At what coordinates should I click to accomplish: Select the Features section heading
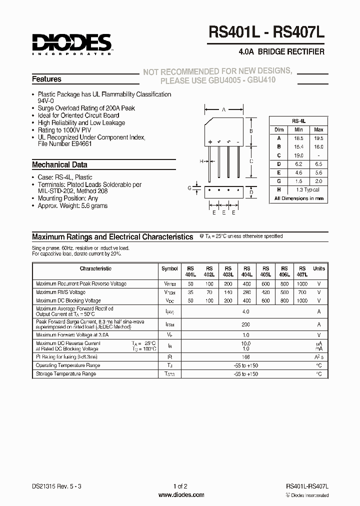click(46, 79)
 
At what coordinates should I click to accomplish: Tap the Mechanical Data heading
click(59, 164)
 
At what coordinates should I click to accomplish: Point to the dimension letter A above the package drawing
click(223, 109)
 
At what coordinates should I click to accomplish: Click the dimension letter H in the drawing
click(201, 161)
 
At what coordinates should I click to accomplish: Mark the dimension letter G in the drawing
click(189, 188)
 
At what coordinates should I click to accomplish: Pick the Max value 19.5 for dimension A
click(318, 138)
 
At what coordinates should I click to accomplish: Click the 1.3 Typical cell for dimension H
click(308, 189)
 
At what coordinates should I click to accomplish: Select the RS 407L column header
click(302, 271)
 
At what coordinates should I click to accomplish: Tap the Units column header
click(318, 268)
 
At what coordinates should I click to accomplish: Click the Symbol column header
click(170, 268)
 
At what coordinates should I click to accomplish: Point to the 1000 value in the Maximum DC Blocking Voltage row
click(302, 301)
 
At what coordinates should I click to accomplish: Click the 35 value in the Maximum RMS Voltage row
click(190, 292)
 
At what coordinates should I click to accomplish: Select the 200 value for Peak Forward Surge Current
click(245, 324)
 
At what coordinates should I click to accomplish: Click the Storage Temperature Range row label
click(66, 373)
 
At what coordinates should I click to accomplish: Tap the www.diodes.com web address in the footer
click(180, 495)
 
